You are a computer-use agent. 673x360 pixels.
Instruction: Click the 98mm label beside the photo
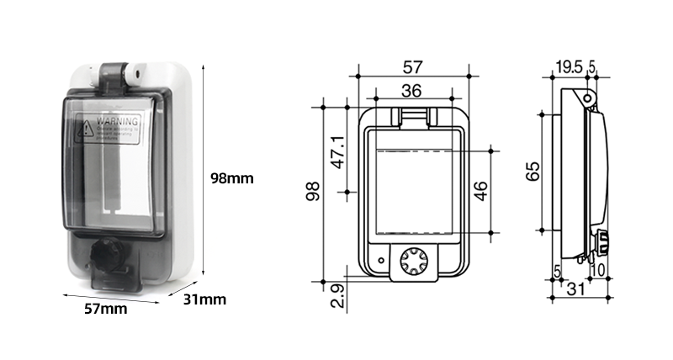tap(231, 179)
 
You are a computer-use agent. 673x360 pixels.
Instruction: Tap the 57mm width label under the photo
tap(106, 309)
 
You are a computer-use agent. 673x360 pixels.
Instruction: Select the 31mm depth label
tap(204, 299)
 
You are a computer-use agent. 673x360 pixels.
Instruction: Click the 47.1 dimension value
tap(338, 151)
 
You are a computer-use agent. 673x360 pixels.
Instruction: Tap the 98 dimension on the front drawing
tap(313, 193)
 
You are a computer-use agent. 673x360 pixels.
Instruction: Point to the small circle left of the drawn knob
tap(382, 259)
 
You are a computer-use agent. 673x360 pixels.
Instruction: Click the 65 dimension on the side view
tap(532, 172)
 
